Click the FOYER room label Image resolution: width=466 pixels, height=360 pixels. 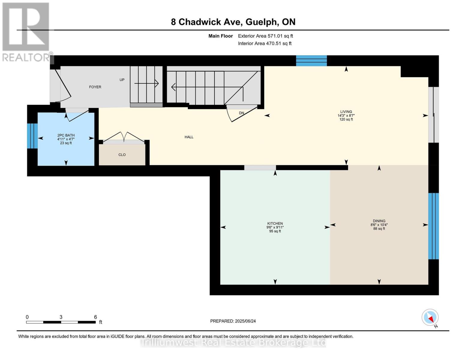[x=95, y=87]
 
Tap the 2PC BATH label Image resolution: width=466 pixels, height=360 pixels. [x=66, y=135]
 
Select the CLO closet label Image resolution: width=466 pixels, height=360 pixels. [x=122, y=155]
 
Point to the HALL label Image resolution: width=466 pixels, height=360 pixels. [x=189, y=137]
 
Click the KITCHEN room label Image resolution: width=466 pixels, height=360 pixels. [x=275, y=223]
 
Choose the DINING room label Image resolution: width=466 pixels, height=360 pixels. [x=379, y=221]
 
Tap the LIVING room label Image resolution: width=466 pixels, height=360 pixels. [x=346, y=112]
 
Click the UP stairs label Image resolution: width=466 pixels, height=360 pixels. [x=122, y=80]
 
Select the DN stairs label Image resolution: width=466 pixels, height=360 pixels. [x=242, y=113]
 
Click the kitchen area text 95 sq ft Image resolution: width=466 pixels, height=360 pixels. [x=275, y=231]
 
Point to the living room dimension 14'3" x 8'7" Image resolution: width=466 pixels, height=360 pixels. [x=346, y=115]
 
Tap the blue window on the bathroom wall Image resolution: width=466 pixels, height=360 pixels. [x=32, y=136]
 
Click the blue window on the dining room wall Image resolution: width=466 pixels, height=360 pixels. [x=433, y=226]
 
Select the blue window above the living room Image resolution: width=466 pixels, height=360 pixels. [x=311, y=61]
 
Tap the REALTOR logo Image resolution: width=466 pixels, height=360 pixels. [x=26, y=31]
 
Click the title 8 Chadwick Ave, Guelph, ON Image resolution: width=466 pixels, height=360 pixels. [x=233, y=22]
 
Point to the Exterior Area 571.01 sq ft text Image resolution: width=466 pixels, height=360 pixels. [x=265, y=36]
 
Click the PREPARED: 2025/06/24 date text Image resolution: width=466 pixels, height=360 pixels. [x=233, y=321]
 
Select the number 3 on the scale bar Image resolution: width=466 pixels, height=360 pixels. [x=61, y=317]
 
